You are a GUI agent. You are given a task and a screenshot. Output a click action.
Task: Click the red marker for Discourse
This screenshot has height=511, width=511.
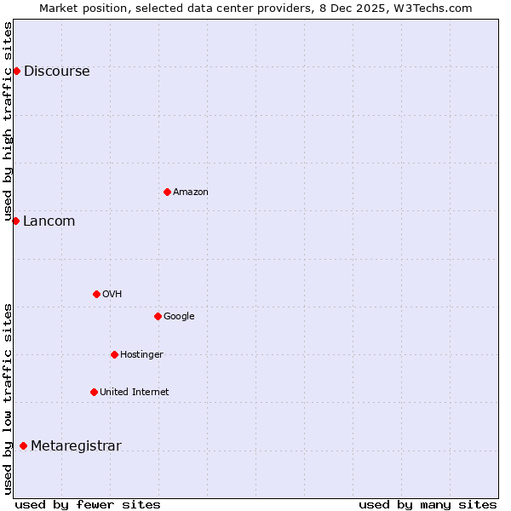tap(16, 71)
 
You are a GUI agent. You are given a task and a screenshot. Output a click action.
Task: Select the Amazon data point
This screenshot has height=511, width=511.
tap(167, 192)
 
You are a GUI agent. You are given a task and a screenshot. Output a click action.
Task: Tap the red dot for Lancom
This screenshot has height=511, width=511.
tap(15, 221)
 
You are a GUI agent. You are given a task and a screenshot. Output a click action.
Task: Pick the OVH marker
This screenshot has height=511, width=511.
tap(96, 294)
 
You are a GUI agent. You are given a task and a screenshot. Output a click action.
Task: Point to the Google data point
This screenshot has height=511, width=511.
tap(158, 316)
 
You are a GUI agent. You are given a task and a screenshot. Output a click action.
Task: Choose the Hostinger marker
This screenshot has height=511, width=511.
tap(114, 354)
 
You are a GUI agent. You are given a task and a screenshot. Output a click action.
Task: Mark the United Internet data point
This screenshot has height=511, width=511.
tap(94, 392)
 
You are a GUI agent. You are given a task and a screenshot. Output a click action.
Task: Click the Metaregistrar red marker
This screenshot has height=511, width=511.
tap(23, 445)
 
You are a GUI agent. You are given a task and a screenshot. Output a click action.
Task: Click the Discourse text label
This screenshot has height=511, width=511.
tap(56, 72)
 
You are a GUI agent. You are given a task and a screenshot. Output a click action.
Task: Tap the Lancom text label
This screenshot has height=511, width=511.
tap(49, 221)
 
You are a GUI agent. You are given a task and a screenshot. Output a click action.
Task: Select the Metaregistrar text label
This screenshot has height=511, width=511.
tap(76, 446)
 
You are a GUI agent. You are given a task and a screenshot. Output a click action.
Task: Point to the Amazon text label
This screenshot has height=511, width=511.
tap(190, 192)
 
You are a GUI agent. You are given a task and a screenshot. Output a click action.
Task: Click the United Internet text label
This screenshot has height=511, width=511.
tap(134, 393)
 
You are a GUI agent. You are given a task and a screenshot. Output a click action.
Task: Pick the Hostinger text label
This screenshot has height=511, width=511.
tap(141, 355)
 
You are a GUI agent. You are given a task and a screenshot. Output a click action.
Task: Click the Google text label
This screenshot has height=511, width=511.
tap(179, 317)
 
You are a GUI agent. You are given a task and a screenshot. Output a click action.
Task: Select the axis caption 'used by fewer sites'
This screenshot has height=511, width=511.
tap(88, 504)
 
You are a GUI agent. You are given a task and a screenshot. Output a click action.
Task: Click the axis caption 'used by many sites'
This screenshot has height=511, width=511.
tap(428, 504)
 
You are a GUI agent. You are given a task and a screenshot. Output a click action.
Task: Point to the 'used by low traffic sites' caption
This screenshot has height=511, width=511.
tap(8, 398)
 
